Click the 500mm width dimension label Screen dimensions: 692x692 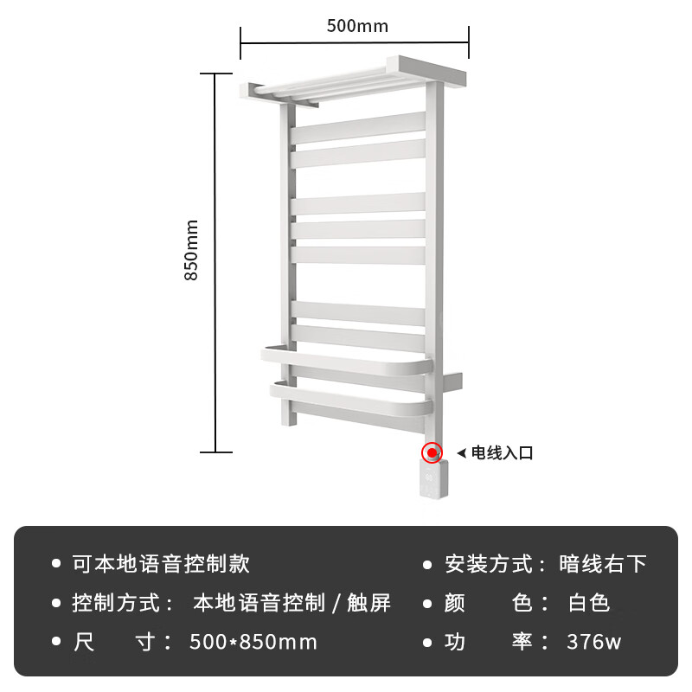[x=357, y=25]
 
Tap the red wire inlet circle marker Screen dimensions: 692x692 [x=432, y=452]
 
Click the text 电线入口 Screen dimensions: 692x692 [x=502, y=452]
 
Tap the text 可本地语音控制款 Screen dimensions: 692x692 [x=161, y=564]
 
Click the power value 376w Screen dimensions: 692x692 [x=594, y=642]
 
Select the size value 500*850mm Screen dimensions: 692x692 [x=253, y=642]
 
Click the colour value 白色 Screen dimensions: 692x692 [x=589, y=603]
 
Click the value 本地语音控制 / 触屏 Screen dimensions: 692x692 [x=292, y=603]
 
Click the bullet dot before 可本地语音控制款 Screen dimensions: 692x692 [x=56, y=564]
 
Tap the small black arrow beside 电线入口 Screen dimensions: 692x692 [x=461, y=452]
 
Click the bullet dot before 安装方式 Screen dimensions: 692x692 [x=427, y=564]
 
